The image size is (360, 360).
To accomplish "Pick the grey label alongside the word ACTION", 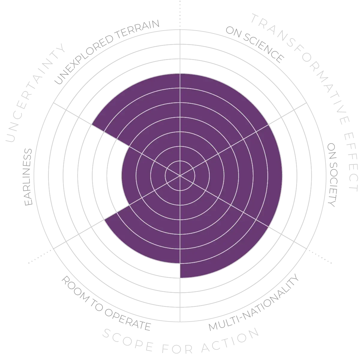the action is click(253, 303).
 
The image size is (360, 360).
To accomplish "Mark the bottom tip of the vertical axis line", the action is click(180, 318).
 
